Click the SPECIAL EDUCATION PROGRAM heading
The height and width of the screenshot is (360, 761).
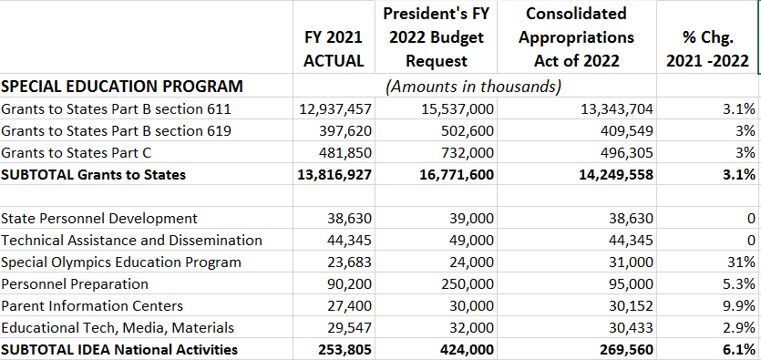tap(122, 87)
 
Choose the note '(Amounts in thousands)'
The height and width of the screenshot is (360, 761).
tap(473, 87)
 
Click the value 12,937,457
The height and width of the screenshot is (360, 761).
tap(335, 109)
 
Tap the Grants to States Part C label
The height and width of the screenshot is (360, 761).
tap(89, 153)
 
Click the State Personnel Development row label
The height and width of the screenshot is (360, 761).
tap(99, 219)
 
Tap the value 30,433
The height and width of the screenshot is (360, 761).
tap(629, 328)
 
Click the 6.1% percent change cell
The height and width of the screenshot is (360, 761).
tap(737, 350)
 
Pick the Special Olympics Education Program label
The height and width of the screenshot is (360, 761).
tap(121, 262)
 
